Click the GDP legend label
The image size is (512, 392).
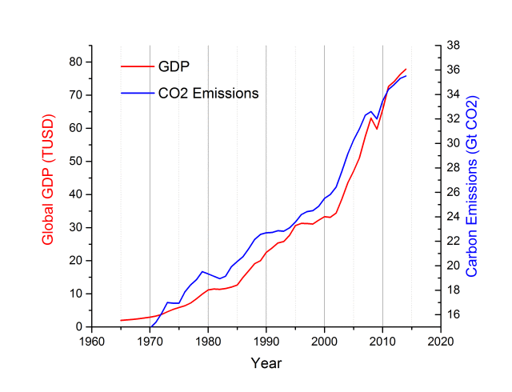coord(174,66)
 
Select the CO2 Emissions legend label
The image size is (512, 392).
coord(209,93)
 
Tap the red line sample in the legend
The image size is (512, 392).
coord(137,66)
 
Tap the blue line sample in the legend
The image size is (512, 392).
coord(137,93)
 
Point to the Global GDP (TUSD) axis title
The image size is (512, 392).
coord(48,194)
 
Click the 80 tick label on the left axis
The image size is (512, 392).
coord(76,62)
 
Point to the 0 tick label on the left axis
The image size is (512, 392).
coord(80,326)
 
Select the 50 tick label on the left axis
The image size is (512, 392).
coord(76,161)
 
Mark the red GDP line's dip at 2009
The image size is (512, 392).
coord(377,129)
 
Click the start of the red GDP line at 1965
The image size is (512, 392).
coord(121,320)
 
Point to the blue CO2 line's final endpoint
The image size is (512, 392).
coord(406,75)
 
